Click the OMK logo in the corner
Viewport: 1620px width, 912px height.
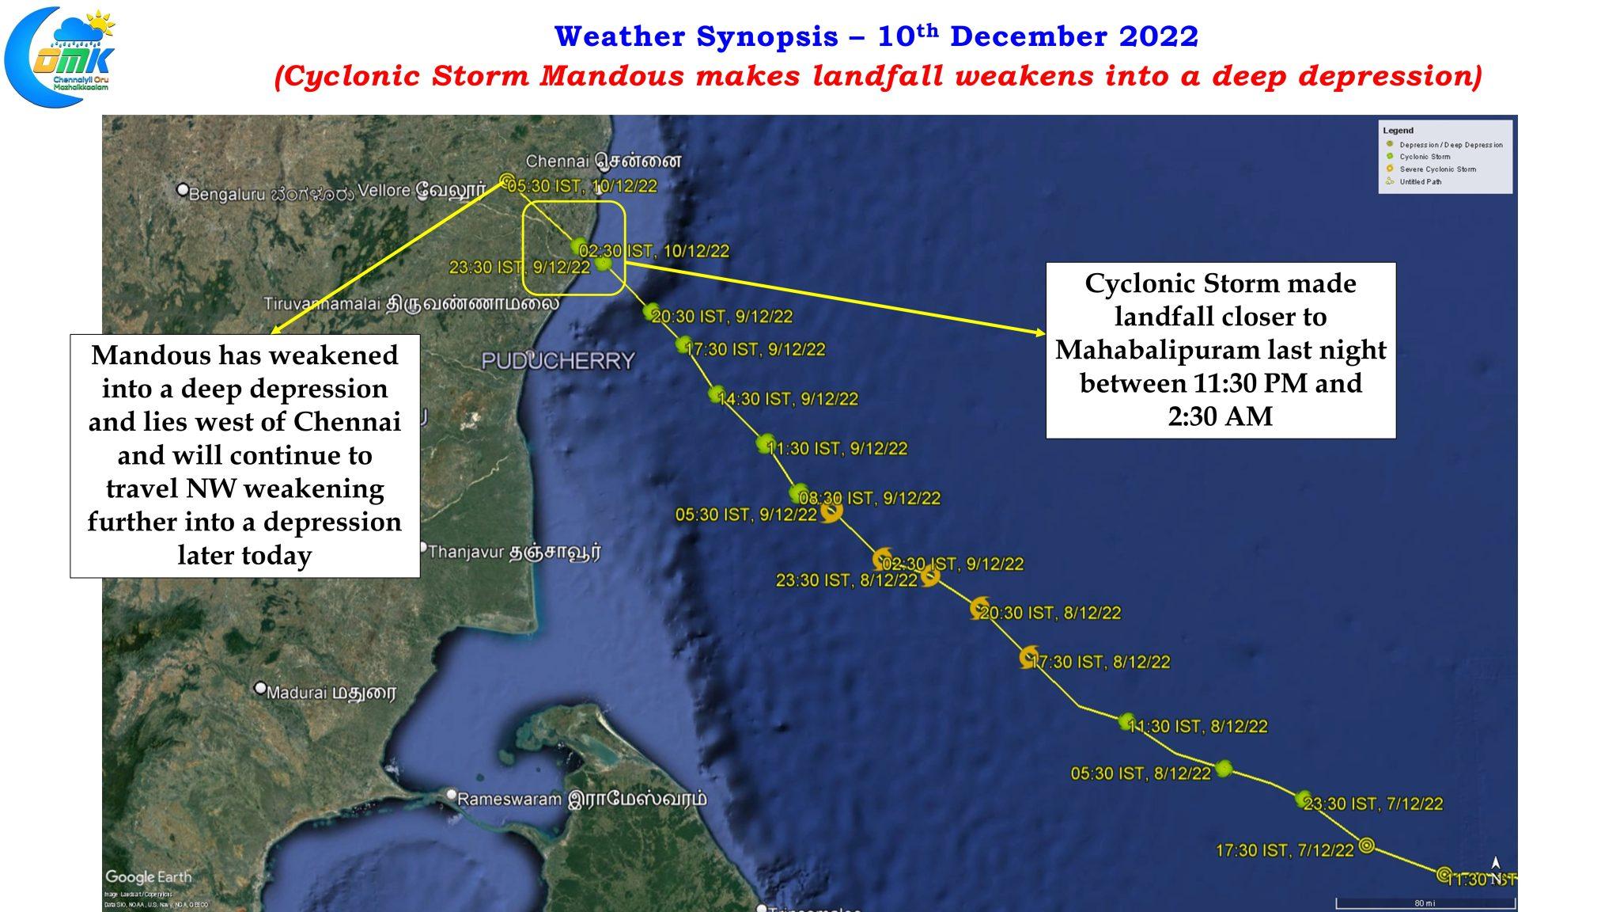tap(60, 55)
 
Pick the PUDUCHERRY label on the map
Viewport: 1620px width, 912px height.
tap(558, 361)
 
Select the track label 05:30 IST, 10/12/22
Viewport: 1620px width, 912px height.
tap(582, 187)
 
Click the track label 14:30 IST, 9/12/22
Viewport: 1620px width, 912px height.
tap(788, 399)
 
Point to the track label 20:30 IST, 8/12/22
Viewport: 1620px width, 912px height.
tap(1050, 613)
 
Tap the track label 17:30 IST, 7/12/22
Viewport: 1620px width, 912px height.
tap(1285, 850)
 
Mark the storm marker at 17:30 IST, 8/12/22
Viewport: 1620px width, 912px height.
tap(1028, 657)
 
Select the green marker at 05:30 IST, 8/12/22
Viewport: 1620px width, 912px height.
tap(1224, 768)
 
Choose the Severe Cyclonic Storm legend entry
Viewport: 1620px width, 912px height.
tap(1437, 169)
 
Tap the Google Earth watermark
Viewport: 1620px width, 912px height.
tap(148, 877)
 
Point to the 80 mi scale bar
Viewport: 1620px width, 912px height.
tap(1425, 902)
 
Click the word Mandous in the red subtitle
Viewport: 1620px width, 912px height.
tap(611, 76)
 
